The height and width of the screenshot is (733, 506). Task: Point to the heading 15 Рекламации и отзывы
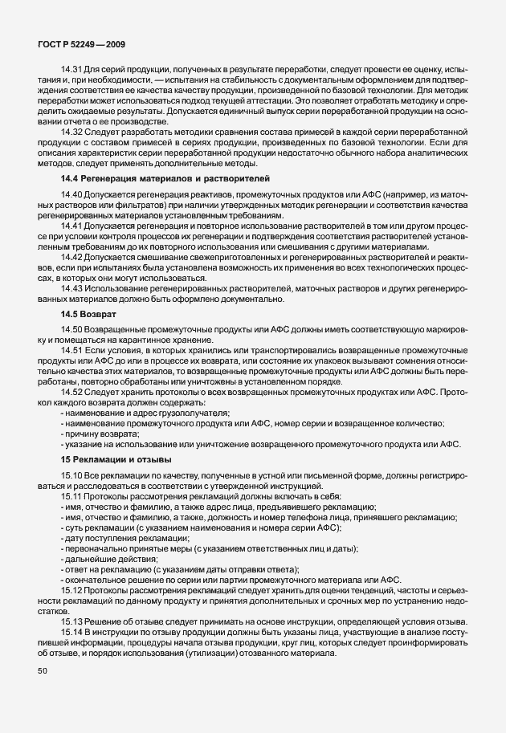coord(116,458)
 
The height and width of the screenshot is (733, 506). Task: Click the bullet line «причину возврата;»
coord(100,434)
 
